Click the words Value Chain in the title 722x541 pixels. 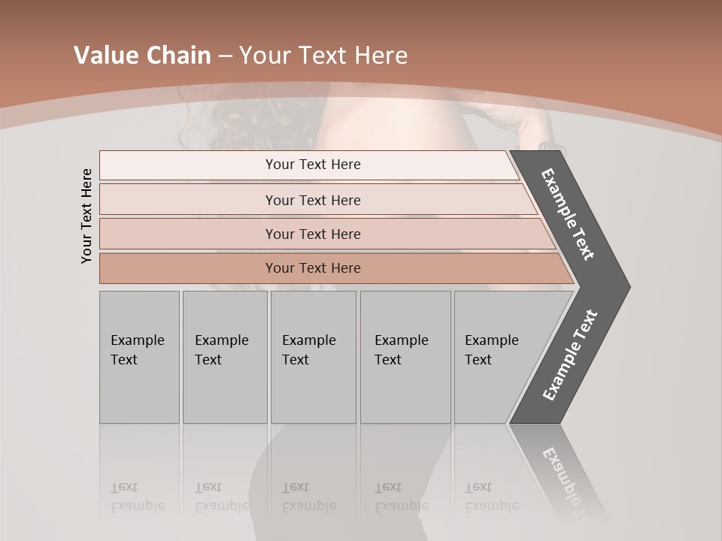click(x=142, y=56)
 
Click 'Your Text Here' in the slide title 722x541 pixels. click(x=323, y=56)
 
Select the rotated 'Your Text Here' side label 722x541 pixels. click(x=86, y=216)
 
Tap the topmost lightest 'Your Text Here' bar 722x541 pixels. click(x=312, y=165)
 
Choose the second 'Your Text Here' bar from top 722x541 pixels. click(x=312, y=200)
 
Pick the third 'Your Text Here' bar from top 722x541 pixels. click(x=312, y=234)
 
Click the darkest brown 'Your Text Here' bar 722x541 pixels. click(x=312, y=268)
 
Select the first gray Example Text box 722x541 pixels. click(x=139, y=356)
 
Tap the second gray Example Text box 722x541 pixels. click(x=224, y=356)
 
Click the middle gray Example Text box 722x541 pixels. click(x=313, y=356)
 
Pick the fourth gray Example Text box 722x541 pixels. click(x=405, y=356)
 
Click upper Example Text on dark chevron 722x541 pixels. click(x=569, y=214)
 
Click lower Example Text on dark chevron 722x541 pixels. click(x=570, y=355)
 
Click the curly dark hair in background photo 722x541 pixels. click(x=226, y=124)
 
